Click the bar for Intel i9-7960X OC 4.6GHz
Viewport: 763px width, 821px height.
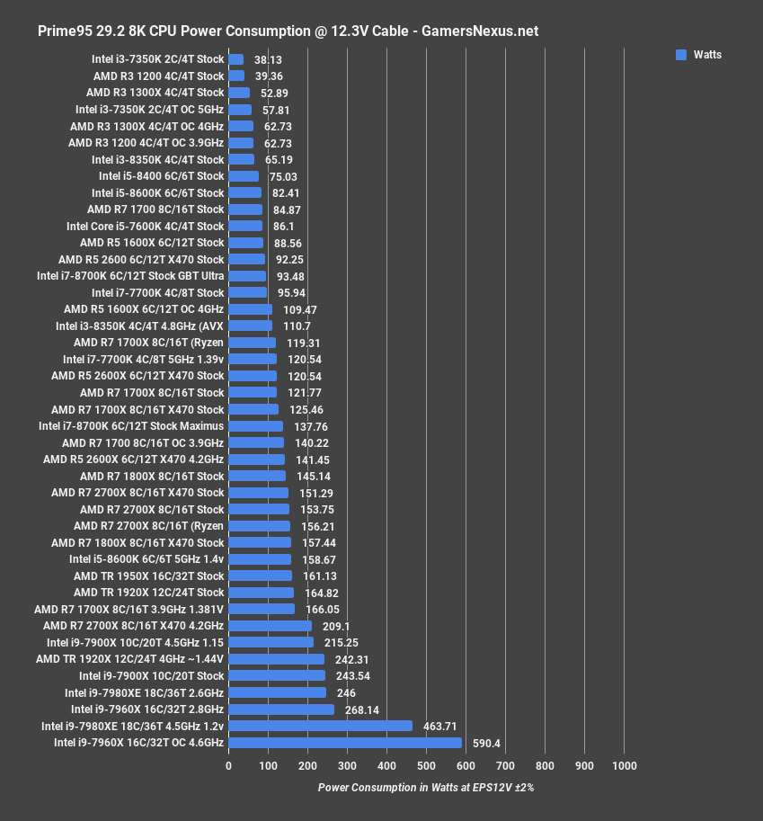pos(345,743)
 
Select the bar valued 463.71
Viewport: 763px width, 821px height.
pos(320,726)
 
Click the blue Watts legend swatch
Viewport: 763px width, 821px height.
pos(681,55)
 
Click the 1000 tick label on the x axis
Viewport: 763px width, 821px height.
pos(624,766)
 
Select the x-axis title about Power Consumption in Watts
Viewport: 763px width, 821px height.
pos(426,787)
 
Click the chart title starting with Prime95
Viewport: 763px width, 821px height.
pos(288,31)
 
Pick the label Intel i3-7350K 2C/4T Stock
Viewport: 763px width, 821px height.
pos(158,59)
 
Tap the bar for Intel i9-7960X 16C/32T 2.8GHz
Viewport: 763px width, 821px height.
pos(281,709)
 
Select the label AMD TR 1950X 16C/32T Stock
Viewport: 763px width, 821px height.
pos(149,576)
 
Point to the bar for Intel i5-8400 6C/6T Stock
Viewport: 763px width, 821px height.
pos(244,176)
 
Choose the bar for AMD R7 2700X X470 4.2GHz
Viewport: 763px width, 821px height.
pos(270,626)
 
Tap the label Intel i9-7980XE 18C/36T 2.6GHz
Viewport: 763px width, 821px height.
pos(145,692)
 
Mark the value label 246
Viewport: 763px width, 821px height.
pos(346,692)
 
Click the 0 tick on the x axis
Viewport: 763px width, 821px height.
pos(228,766)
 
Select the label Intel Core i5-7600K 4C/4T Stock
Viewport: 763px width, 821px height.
pos(146,226)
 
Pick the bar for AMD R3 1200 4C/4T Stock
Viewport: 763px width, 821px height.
pos(236,76)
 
